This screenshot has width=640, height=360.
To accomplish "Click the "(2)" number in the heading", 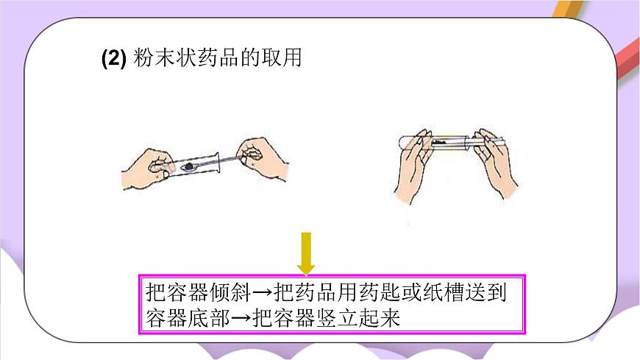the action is coord(113,57).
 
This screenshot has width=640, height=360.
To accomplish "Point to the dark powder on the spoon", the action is coord(188,166).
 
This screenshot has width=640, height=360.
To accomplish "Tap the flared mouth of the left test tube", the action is coord(217,163).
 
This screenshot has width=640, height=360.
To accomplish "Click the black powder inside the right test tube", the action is coord(440,143).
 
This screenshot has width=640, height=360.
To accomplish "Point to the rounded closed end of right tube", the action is coord(400,142).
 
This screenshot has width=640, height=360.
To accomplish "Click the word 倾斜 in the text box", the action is coord(230,292).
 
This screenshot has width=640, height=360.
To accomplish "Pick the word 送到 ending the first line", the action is coord(486,292).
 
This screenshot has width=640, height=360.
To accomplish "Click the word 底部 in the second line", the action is coord(209,317).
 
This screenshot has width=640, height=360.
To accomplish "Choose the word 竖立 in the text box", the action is coord(337,317).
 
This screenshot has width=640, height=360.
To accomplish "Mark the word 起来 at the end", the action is coord(379,317).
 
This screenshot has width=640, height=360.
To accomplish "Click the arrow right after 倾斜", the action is coord(262,292).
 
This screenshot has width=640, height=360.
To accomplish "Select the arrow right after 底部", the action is coord(241,317).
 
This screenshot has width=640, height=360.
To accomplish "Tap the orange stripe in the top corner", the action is coord(569,9).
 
